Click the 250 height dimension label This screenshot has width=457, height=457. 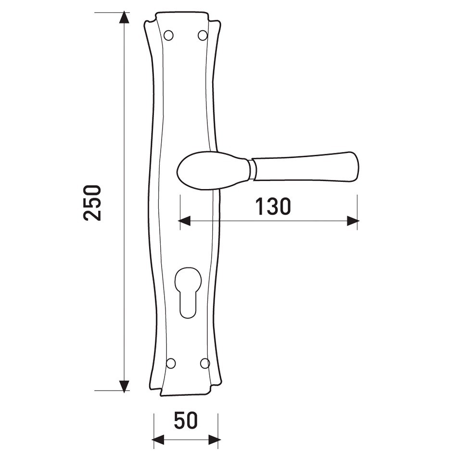coord(92,203)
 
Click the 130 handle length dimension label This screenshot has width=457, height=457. coord(273,207)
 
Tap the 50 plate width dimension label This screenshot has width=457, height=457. coord(186,420)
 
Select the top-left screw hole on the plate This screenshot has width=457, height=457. coord(168,35)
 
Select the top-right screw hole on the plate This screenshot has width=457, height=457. coord(203,35)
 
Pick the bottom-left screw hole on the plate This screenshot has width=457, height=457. coord(171,364)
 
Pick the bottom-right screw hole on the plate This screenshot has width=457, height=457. coord(205,364)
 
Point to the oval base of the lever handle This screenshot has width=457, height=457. coord(213,170)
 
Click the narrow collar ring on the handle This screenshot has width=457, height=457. coord(253,170)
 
